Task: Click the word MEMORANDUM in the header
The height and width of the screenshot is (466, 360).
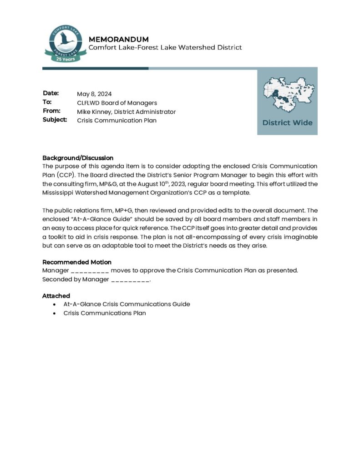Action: coord(118,39)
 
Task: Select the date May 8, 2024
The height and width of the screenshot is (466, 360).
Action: coord(94,94)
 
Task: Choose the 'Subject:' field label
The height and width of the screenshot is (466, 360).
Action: coord(55,120)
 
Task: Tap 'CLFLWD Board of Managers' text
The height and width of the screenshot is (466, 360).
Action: coord(117,103)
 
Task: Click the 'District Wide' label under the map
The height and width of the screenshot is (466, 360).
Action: coord(287,122)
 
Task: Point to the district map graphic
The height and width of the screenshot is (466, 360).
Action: coord(287,95)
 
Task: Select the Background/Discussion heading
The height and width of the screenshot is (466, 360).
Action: coord(78,158)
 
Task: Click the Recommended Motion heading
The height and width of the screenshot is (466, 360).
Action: coord(77,262)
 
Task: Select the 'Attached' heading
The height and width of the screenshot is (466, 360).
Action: coord(56,296)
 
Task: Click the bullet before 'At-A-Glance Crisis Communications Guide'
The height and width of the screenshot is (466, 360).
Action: coord(55,304)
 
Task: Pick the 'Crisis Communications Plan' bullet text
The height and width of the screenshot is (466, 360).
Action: coord(105,313)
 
